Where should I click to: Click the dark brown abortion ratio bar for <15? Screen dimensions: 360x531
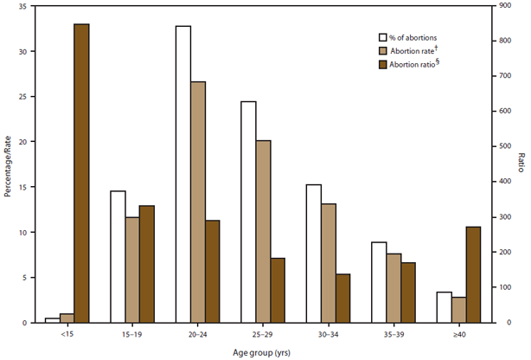[x=81, y=173]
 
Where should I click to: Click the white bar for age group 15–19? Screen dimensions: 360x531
[x=118, y=256]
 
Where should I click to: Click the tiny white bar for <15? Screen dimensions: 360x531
[x=52, y=320]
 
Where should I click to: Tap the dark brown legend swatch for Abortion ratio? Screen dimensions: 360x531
[x=384, y=65]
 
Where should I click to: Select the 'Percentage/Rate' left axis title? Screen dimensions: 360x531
[x=8, y=164]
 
